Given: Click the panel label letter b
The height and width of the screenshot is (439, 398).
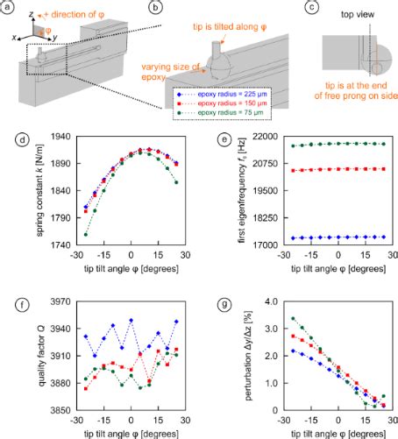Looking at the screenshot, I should coord(155,9).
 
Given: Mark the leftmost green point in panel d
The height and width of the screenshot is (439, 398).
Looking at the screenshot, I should coord(60,235).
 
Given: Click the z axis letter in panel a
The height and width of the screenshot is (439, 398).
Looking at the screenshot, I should coord(31,15).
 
